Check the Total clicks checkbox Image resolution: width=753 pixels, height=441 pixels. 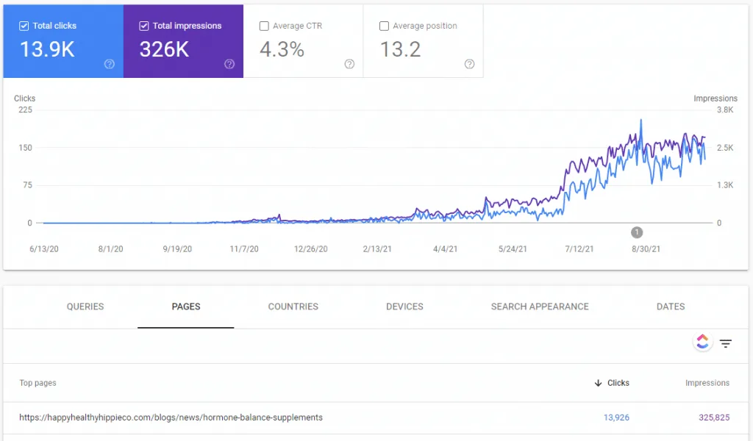(24, 26)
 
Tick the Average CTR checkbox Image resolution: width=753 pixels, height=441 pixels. (264, 26)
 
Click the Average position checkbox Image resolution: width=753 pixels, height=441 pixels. (384, 26)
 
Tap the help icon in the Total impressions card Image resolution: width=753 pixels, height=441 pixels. (229, 64)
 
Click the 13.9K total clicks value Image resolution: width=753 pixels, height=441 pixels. (47, 49)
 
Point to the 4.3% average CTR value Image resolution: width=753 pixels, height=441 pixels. (282, 49)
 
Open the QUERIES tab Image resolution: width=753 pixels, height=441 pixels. (85, 306)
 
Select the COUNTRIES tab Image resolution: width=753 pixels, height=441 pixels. (293, 306)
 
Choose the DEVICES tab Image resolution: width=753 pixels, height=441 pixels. (405, 306)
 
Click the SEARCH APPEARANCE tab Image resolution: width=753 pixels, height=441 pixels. (540, 306)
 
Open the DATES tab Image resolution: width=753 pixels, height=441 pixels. (671, 306)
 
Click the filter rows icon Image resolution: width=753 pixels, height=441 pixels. (726, 343)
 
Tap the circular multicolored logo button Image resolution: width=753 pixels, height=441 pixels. (702, 342)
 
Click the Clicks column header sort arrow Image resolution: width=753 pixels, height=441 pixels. (598, 383)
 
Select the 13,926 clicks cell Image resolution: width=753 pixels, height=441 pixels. (616, 417)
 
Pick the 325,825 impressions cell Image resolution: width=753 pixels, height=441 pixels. (714, 417)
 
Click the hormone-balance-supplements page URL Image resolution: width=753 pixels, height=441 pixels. (171, 417)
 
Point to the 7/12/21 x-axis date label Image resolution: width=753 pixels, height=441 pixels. (579, 249)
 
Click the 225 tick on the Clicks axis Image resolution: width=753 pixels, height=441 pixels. (26, 110)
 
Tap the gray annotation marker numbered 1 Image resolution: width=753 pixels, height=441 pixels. (637, 232)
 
